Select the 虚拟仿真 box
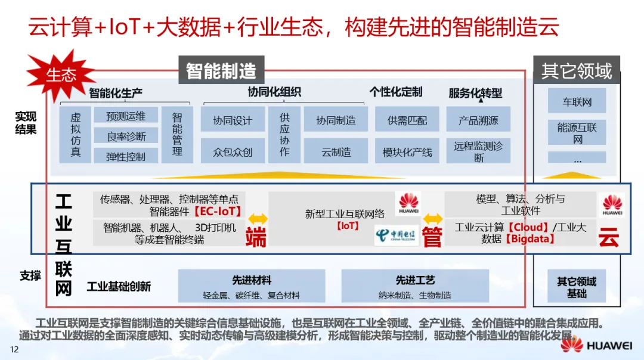(x=76, y=135)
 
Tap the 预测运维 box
(x=126, y=115)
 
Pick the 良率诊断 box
(x=126, y=136)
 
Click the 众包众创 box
(x=233, y=151)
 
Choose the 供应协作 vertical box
(x=284, y=135)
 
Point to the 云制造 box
(x=336, y=151)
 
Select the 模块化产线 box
(x=407, y=151)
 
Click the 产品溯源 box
(x=478, y=120)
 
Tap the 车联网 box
(x=577, y=101)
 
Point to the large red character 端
(x=256, y=237)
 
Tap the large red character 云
(x=609, y=237)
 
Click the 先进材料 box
(x=252, y=285)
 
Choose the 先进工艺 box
(x=415, y=285)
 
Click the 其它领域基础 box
(x=577, y=286)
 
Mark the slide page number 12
(x=14, y=349)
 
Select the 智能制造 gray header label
(x=221, y=70)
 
